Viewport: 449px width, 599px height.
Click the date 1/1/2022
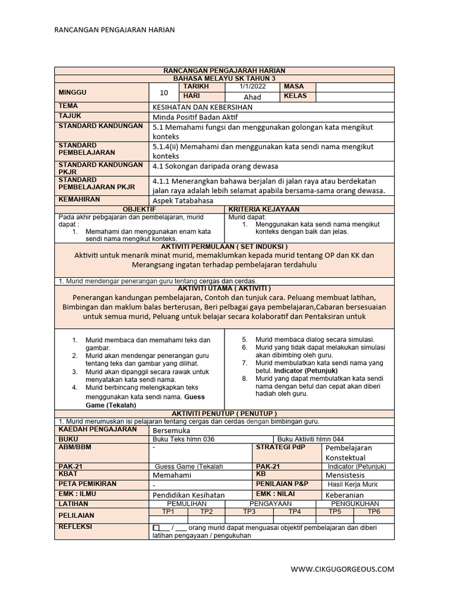coord(252,87)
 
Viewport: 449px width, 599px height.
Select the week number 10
coord(164,92)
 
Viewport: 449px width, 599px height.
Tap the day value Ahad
coord(252,97)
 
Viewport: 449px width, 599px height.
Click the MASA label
coord(293,87)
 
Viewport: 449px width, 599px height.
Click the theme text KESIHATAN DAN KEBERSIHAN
coord(202,107)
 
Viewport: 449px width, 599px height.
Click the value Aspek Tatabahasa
coord(183,200)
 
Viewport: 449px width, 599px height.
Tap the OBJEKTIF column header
coord(140,209)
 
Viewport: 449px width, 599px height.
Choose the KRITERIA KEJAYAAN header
coord(264,209)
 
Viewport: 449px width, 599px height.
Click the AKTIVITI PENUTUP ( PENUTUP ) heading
coord(225,413)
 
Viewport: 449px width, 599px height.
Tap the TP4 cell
coord(294,511)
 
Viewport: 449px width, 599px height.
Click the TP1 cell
coord(168,511)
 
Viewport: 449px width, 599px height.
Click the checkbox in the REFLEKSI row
coord(156,528)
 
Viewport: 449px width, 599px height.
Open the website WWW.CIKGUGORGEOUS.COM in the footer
coord(342,569)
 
